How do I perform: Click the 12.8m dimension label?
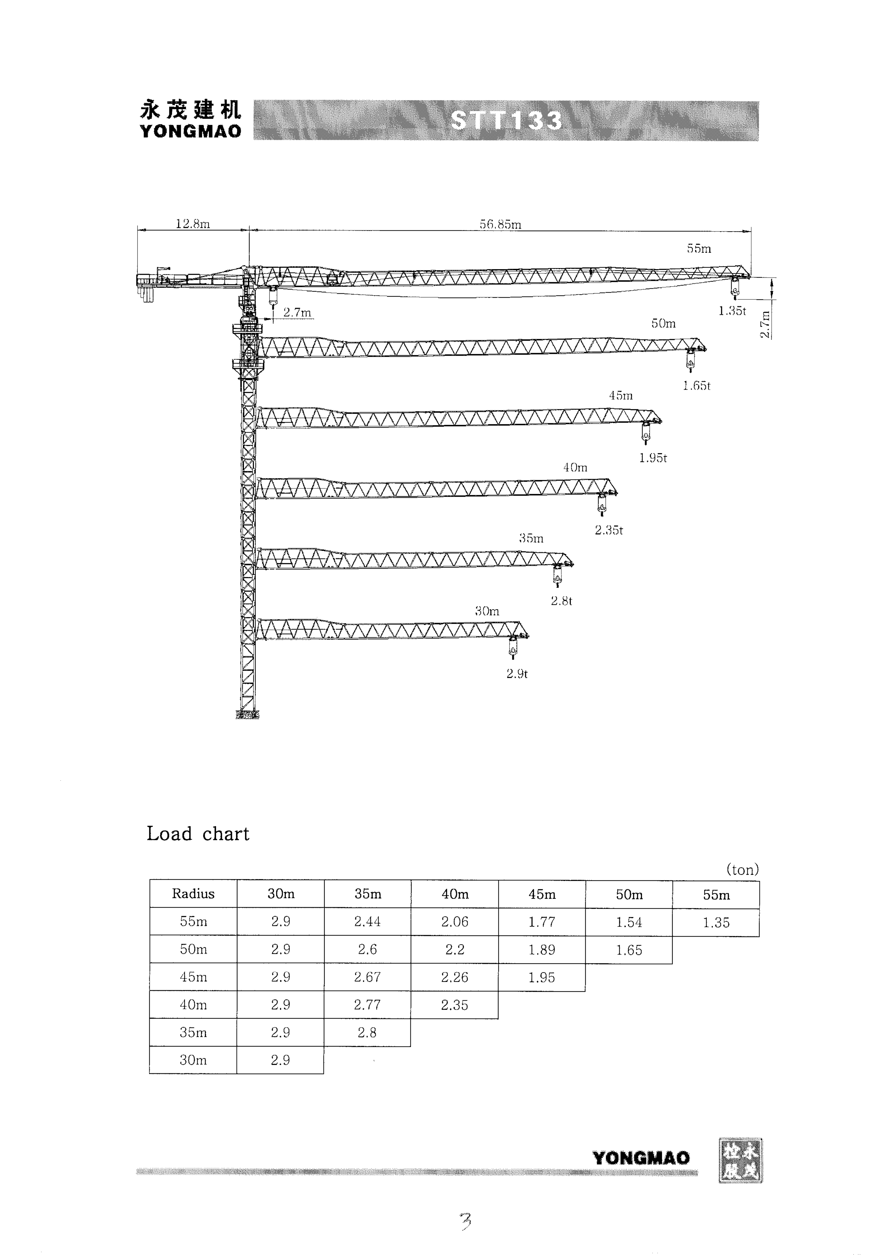point(193,224)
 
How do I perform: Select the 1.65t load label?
point(696,386)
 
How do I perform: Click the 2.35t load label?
point(609,530)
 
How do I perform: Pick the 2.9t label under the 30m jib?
point(517,674)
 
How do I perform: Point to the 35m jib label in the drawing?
point(531,539)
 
